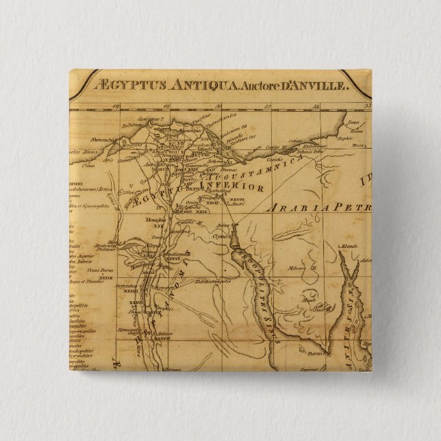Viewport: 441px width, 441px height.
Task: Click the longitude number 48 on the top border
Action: [117, 105]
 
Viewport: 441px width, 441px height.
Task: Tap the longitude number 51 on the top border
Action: [268, 105]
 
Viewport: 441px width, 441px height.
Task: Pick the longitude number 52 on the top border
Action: [317, 105]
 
